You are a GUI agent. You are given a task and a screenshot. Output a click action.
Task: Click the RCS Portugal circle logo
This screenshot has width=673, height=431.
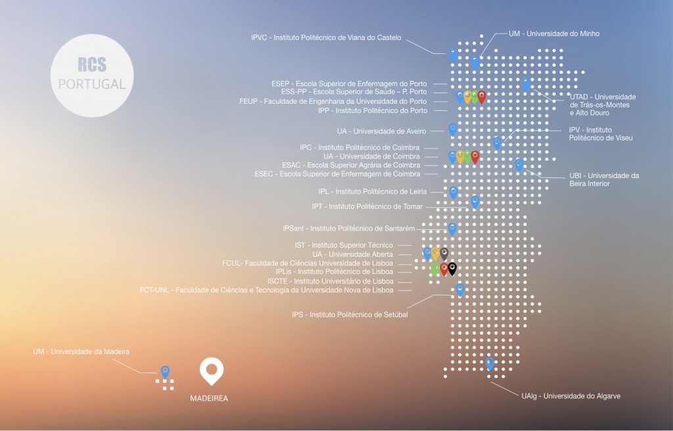coord(92,76)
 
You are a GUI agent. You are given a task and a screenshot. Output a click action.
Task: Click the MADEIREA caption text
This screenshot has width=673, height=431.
coord(209,398)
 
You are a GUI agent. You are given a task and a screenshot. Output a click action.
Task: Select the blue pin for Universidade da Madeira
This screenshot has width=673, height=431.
coord(165,372)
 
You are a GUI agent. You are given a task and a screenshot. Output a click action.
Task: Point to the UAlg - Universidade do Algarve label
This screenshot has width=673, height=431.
coord(571,396)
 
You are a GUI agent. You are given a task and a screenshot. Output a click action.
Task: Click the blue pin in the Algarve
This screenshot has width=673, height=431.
coord(490,363)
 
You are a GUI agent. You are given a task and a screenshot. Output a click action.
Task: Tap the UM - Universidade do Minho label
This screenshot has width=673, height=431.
coord(554,34)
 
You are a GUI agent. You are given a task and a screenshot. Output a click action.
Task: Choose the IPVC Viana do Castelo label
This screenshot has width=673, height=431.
coord(326,37)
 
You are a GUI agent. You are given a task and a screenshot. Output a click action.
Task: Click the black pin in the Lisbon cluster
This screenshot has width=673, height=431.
coord(452,269)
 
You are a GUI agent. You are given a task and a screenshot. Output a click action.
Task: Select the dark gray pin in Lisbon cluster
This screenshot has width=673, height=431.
coord(444,254)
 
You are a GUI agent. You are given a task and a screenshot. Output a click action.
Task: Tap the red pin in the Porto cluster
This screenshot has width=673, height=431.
coord(482,97)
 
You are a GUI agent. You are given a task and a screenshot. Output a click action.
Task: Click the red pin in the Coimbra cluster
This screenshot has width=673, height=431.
coord(475,157)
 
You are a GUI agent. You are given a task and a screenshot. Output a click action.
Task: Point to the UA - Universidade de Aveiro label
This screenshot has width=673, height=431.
coord(382,131)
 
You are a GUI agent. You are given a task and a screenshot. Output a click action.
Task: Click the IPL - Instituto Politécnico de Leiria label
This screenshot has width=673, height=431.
coord(373,191)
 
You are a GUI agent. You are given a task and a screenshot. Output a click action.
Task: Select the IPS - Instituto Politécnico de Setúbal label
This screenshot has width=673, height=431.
coord(350,315)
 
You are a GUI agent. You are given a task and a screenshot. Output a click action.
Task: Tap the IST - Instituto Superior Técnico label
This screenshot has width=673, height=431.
coord(344,245)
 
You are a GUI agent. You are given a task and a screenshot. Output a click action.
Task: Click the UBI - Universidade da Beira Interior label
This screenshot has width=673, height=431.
coord(604,179)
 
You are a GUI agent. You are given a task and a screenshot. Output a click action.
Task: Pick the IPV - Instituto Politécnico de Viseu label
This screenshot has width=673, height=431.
coord(601,134)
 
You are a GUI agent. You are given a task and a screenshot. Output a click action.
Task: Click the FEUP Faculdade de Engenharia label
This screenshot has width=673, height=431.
coord(333,101)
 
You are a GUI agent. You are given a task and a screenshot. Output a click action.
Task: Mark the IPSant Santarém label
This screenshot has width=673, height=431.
coord(349,229)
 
